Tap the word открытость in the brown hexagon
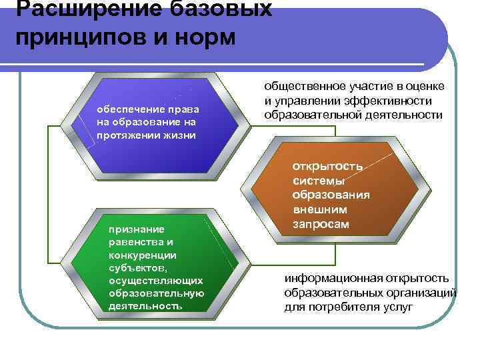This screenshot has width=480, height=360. point(327,166)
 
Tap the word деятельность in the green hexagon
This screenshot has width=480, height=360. point(145,306)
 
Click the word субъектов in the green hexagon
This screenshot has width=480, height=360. point(135,268)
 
